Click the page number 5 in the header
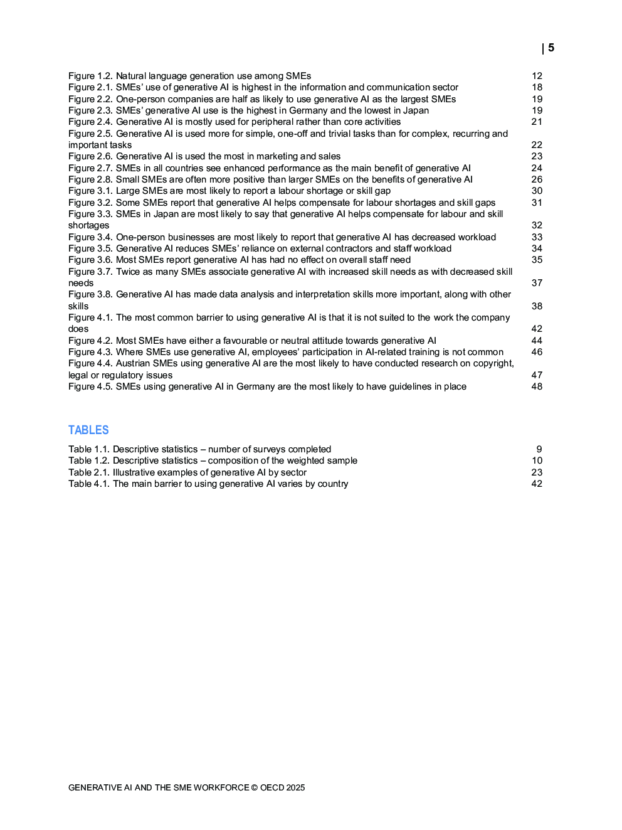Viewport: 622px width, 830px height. coord(551,48)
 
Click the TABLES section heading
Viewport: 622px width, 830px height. coord(88,430)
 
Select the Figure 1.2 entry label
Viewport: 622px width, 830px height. coord(90,76)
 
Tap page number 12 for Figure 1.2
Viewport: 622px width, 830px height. coord(537,76)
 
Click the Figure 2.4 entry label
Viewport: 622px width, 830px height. coord(90,122)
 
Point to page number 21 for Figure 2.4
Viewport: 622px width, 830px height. coord(537,122)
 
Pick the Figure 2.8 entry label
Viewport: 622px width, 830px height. coord(90,179)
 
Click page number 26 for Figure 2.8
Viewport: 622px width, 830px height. coord(537,179)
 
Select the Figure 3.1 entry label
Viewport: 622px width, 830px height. coord(90,191)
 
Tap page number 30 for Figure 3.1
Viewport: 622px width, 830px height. coord(537,191)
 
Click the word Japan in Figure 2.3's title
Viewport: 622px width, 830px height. coord(416,110)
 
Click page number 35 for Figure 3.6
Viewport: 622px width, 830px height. coord(537,260)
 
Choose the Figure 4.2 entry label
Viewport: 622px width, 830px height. coord(90,341)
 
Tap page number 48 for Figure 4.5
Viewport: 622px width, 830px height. coord(537,386)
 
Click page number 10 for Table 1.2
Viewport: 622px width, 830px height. coord(537,460)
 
